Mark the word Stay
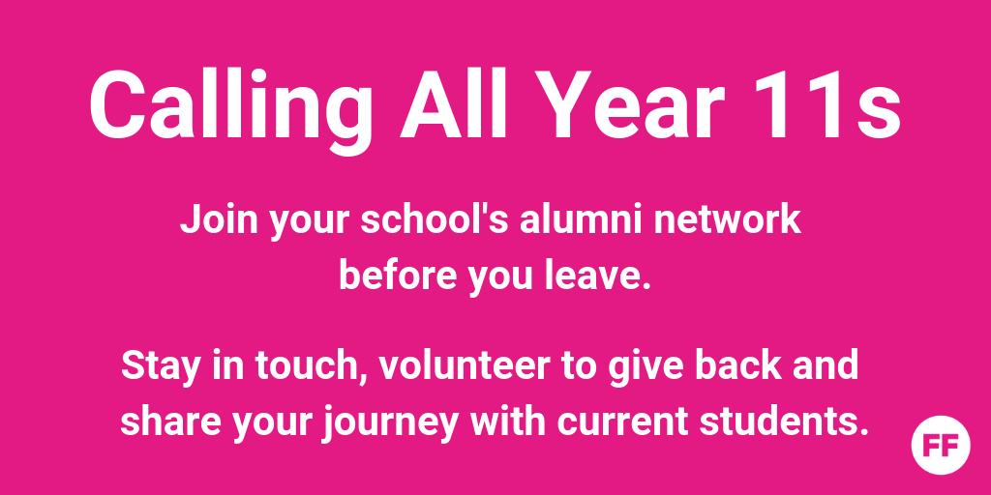click(155, 368)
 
